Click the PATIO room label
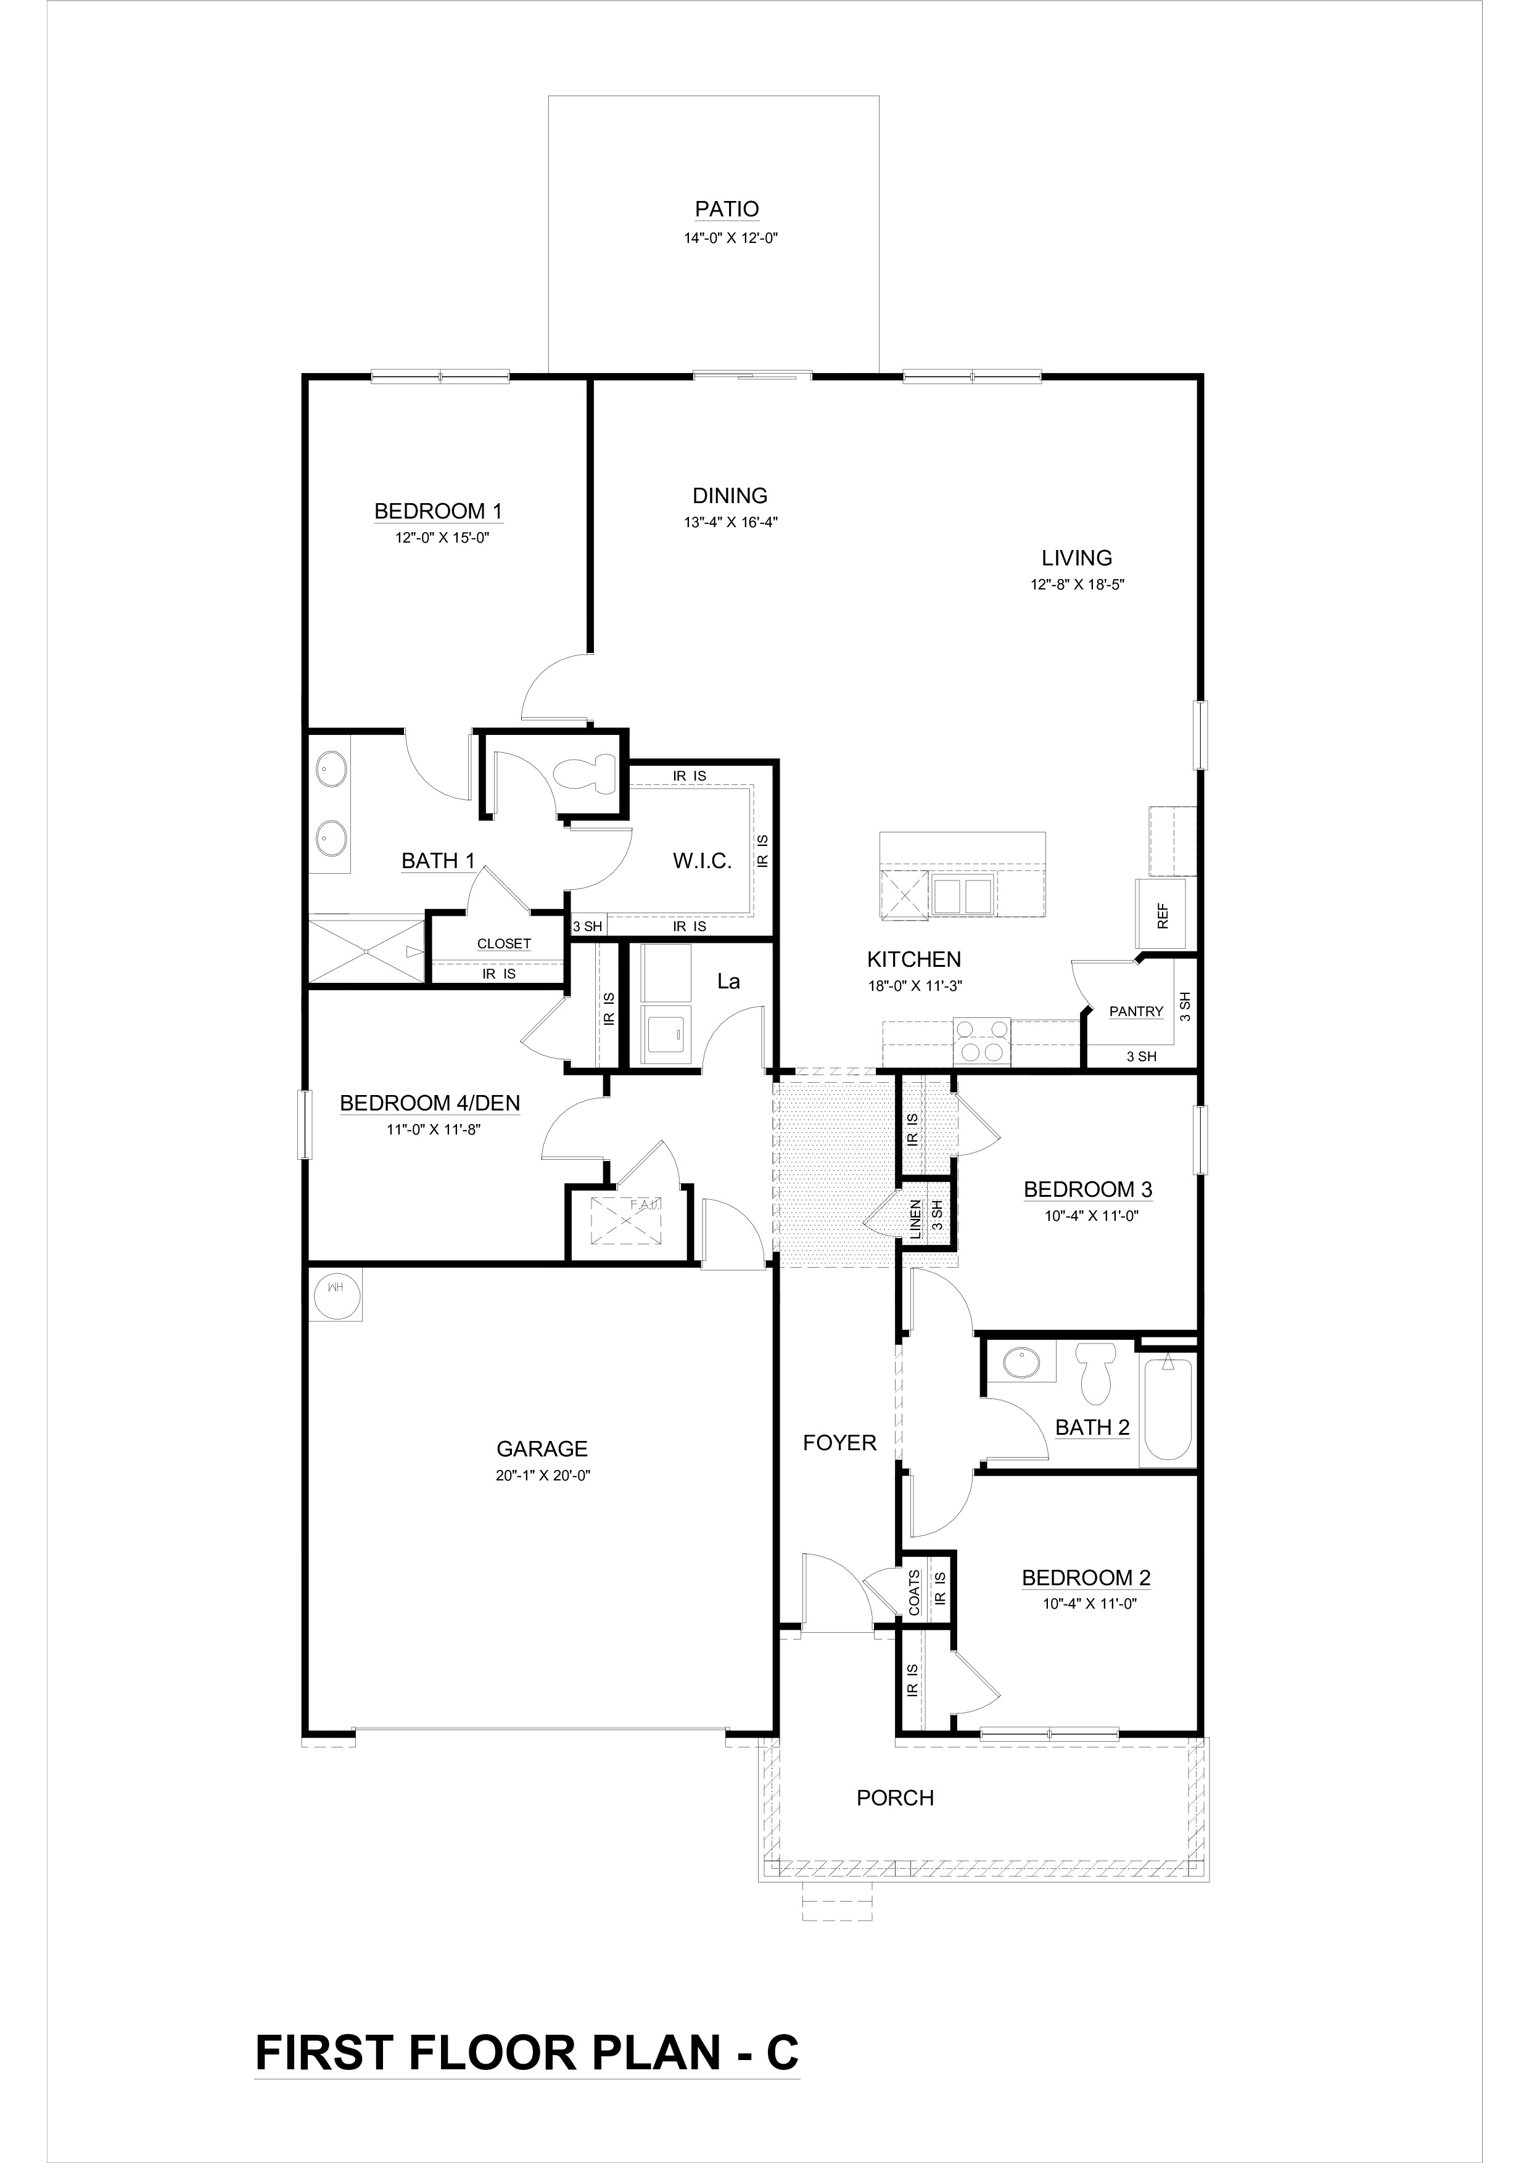click(x=727, y=209)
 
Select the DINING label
click(x=730, y=496)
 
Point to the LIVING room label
click(x=1077, y=558)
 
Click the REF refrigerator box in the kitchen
click(x=1165, y=914)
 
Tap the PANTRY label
click(x=1136, y=1012)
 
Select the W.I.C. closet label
click(x=702, y=861)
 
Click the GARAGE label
click(x=542, y=1449)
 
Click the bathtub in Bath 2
click(x=1166, y=1410)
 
